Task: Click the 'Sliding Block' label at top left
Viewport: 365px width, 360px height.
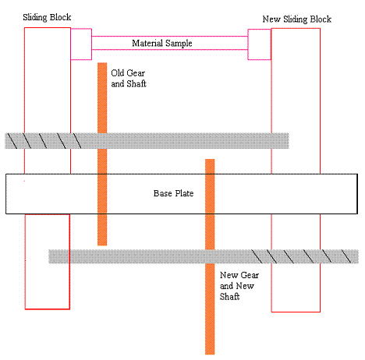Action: (x=47, y=17)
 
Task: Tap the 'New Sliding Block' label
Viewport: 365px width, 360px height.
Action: (x=297, y=19)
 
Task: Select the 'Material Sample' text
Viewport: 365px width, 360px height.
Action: (x=162, y=43)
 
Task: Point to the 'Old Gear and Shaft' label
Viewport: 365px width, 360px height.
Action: (x=129, y=78)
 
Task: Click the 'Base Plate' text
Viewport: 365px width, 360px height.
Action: (x=173, y=193)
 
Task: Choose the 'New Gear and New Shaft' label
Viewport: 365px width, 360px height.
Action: (x=239, y=286)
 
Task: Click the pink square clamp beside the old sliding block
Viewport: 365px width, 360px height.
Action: (x=81, y=44)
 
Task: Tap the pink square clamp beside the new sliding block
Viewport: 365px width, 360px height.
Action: (x=260, y=44)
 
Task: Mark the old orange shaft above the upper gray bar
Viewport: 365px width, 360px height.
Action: (x=102, y=97)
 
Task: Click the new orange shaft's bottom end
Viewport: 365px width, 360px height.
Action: (x=210, y=354)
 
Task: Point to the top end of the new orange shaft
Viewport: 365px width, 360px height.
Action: (x=210, y=160)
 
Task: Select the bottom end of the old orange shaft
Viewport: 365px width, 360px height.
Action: (x=102, y=245)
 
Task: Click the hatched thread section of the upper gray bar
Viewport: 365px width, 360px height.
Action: (x=44, y=141)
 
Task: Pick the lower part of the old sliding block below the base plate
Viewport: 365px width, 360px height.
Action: (x=48, y=262)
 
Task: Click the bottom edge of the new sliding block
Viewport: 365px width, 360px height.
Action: (x=296, y=312)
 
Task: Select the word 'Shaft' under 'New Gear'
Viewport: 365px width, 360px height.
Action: (x=229, y=296)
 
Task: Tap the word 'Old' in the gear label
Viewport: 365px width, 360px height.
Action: (x=116, y=73)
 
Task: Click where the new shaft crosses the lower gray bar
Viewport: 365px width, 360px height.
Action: (x=210, y=256)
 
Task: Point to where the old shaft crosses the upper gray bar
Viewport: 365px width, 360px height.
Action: (x=102, y=141)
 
